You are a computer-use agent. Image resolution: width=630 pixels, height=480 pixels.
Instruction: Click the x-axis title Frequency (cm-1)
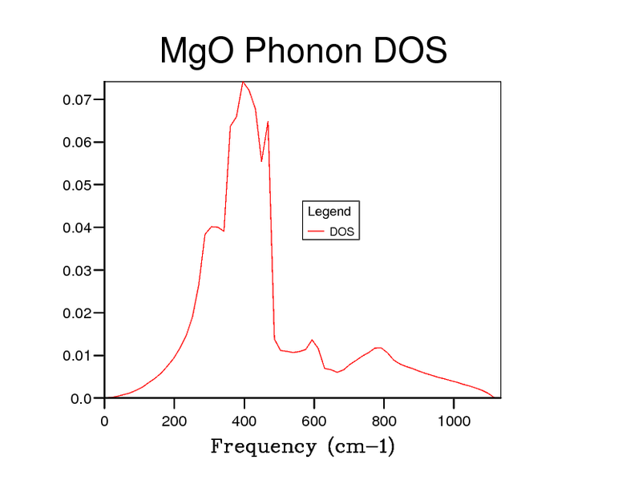[x=303, y=446]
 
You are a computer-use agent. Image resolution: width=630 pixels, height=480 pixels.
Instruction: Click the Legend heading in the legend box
[x=329, y=212]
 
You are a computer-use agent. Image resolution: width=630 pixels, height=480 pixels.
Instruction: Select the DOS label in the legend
[x=342, y=232]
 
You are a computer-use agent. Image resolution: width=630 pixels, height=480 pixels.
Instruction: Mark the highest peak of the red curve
[x=242, y=82]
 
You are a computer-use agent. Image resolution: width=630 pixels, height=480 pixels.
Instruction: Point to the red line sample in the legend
[x=316, y=232]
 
